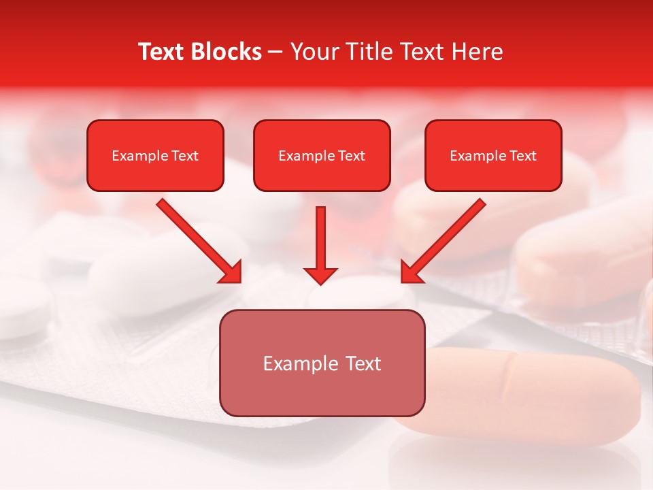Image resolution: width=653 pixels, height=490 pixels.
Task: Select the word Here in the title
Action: pyautogui.click(x=476, y=52)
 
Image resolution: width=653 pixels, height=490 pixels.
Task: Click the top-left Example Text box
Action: pyautogui.click(x=155, y=156)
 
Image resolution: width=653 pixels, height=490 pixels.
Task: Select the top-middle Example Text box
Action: pyautogui.click(x=322, y=156)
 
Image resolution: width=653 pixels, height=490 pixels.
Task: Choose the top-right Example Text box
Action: pyautogui.click(x=493, y=156)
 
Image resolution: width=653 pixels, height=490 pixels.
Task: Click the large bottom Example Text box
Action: pyautogui.click(x=322, y=363)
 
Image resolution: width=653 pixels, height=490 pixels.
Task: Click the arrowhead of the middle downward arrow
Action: pyautogui.click(x=320, y=274)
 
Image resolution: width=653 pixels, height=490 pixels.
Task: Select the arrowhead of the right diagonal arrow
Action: pyautogui.click(x=412, y=272)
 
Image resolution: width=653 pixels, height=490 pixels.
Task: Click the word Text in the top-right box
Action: pyautogui.click(x=522, y=156)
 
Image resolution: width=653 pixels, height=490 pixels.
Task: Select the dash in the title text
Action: pyautogui.click(x=275, y=52)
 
